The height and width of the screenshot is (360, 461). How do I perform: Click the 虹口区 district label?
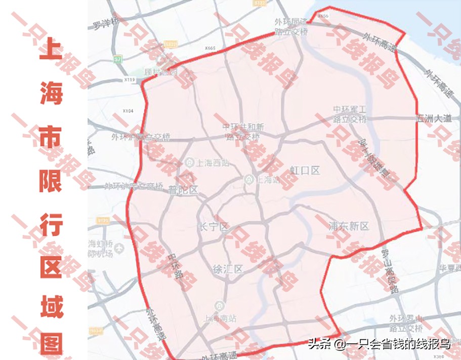pyautogui.click(x=305, y=170)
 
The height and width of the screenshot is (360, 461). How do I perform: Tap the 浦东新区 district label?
pyautogui.click(x=349, y=226)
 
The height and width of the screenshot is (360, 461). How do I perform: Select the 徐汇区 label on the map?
pyautogui.click(x=228, y=269)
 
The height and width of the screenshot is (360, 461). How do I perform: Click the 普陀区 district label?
pyautogui.click(x=183, y=190)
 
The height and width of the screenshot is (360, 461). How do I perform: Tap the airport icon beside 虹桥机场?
pyautogui.click(x=118, y=249)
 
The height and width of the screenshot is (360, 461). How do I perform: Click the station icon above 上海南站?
pyautogui.click(x=219, y=305)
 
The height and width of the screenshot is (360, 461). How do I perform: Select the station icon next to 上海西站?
pyautogui.click(x=189, y=162)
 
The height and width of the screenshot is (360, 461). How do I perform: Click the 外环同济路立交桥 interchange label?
pyautogui.click(x=291, y=26)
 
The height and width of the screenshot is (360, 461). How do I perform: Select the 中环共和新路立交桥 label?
pyautogui.click(x=243, y=131)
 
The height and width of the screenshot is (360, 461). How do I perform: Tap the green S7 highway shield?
pyautogui.click(x=118, y=59)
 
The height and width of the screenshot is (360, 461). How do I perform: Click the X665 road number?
pyautogui.click(x=211, y=48)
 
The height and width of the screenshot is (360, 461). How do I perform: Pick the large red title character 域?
pyautogui.click(x=51, y=306)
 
